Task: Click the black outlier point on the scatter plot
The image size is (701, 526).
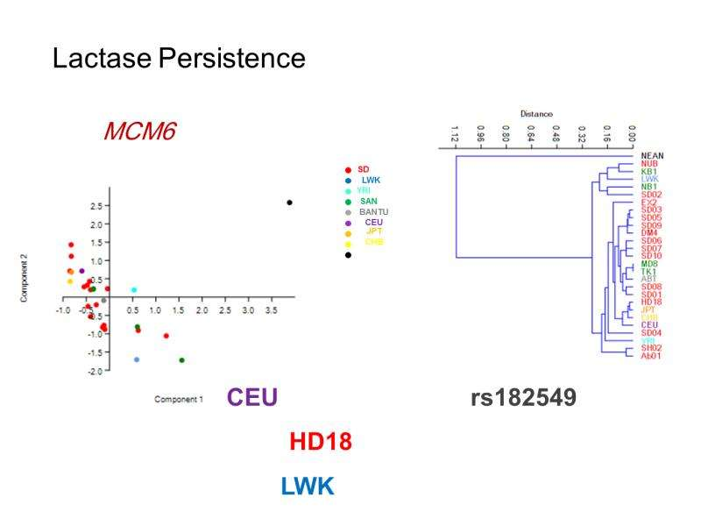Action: pos(290,203)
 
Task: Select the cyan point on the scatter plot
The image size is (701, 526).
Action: pos(134,289)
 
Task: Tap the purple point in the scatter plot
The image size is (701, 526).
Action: pos(81,271)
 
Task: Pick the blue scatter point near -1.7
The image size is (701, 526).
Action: pos(137,359)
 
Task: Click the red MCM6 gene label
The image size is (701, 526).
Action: pos(140,132)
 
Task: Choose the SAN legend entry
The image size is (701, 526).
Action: pos(369,202)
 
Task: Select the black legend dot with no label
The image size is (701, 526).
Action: pos(349,255)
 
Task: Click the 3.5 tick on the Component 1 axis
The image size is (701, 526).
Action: pos(271,311)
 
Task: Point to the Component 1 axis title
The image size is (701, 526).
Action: pos(179,399)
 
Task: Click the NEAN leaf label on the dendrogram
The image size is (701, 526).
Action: pos(651,155)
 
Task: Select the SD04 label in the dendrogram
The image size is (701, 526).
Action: pos(651,332)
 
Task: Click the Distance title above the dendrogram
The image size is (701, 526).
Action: pos(536,114)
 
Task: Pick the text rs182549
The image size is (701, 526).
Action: pos(523,398)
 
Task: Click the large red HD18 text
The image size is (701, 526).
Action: pos(321,442)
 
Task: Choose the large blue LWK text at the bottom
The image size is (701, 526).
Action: pos(308,487)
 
